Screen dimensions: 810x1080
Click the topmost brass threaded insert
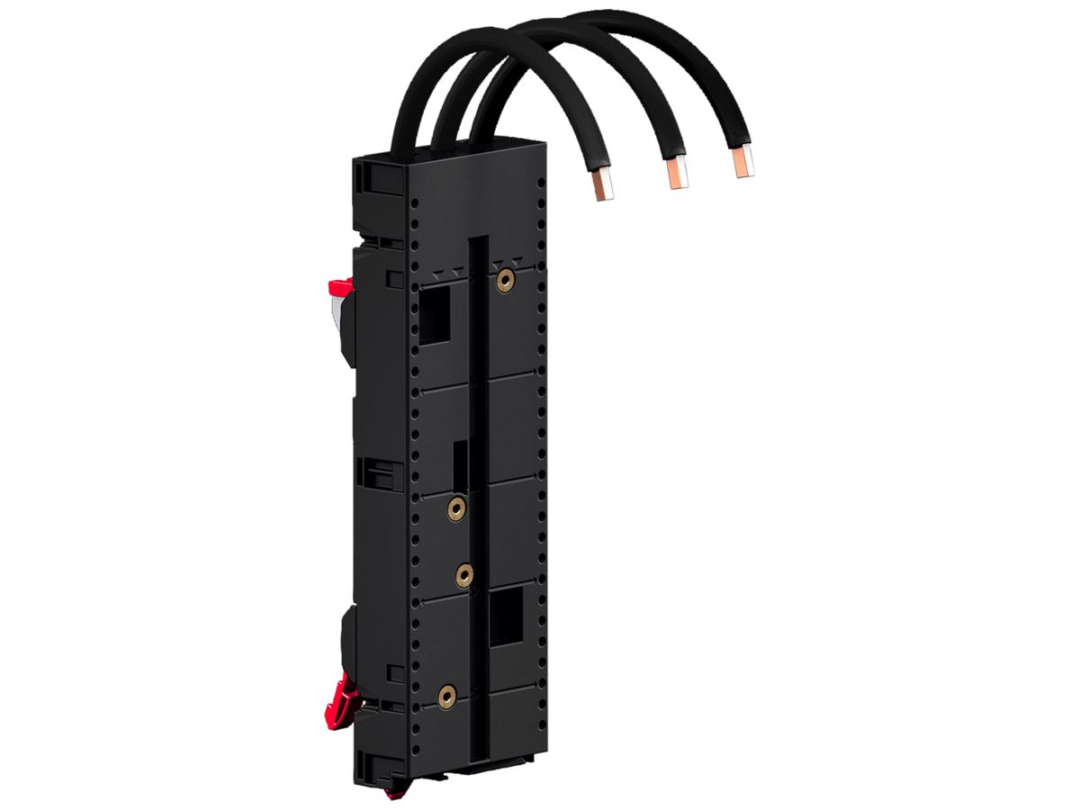[505, 281]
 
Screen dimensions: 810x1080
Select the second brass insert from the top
[457, 509]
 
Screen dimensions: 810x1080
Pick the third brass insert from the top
[465, 572]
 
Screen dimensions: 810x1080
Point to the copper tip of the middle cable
[675, 174]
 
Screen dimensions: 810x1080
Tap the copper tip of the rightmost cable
[742, 163]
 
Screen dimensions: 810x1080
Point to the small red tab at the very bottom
[389, 795]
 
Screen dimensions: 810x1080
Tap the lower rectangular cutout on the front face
[506, 617]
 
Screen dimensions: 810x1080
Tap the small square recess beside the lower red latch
[393, 672]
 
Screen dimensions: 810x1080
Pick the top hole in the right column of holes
[541, 184]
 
